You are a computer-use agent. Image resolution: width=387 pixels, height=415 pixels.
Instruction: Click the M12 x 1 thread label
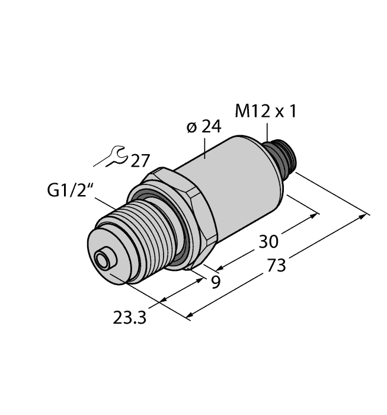266,111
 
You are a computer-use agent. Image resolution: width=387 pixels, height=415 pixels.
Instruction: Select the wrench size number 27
140,161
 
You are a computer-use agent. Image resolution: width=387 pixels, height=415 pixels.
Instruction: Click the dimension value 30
270,241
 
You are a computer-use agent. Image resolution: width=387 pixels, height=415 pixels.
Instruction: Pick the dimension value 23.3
130,318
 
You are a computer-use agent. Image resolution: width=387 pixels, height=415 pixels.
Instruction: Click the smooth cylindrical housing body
237,184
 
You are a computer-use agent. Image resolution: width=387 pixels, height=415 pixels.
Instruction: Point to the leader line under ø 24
205,148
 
